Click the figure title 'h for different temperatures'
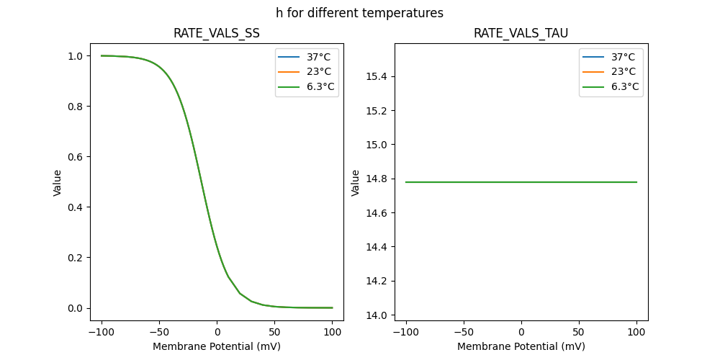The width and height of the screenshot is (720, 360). [359, 13]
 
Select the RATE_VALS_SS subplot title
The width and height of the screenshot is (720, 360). [217, 34]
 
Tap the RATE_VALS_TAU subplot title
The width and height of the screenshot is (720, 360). [521, 34]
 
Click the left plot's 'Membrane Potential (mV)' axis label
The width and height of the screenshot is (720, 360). [217, 346]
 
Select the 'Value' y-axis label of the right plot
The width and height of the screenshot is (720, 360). [355, 182]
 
